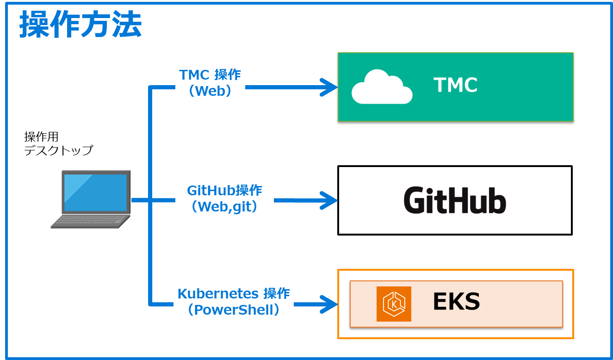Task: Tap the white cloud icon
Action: (x=382, y=87)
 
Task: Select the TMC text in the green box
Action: (x=455, y=85)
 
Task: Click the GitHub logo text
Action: (x=455, y=200)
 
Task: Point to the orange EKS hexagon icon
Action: (x=394, y=304)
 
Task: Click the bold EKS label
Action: (x=456, y=302)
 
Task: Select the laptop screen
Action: (x=95, y=192)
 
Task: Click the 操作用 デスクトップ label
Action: (x=58, y=143)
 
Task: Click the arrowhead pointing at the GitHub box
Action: (x=331, y=200)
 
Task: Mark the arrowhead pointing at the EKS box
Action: (x=331, y=304)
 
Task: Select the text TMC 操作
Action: (x=210, y=74)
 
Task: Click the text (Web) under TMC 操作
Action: (x=210, y=91)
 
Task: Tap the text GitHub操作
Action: (x=224, y=190)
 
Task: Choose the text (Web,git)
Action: (x=224, y=206)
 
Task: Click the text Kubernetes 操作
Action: (x=234, y=293)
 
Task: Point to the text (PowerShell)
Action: (x=234, y=310)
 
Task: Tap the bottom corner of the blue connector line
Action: (x=150, y=304)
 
